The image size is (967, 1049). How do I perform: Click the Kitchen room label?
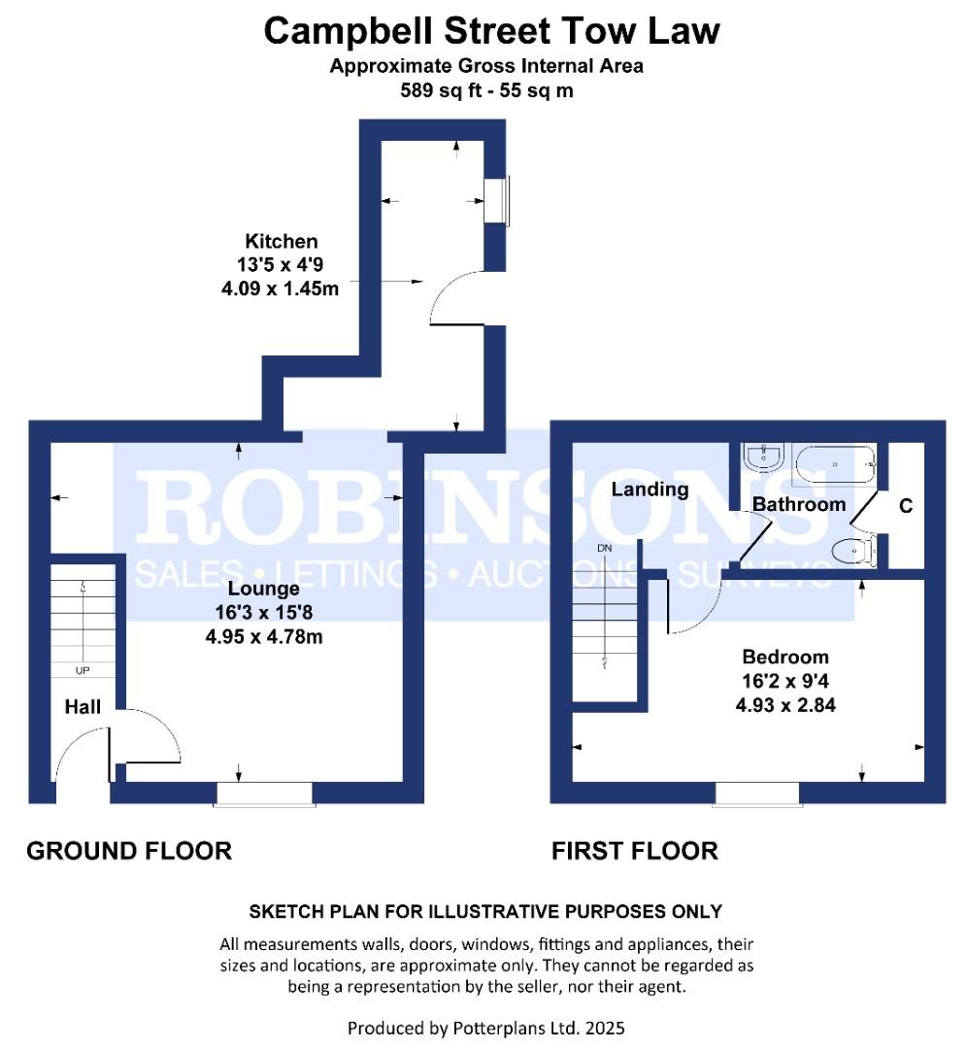click(x=281, y=241)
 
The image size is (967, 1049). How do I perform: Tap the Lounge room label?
click(x=263, y=589)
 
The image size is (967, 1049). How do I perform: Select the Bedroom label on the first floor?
click(x=785, y=657)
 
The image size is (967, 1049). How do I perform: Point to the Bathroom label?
click(x=799, y=504)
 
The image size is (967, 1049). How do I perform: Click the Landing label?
click(x=650, y=490)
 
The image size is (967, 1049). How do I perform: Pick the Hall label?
click(x=83, y=706)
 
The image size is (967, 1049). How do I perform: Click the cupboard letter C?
click(x=906, y=506)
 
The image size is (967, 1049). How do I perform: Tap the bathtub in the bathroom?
click(x=835, y=464)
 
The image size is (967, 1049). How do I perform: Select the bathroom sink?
click(x=764, y=457)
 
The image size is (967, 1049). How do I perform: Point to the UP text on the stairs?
click(x=83, y=670)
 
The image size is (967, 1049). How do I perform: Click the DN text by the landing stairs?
click(x=605, y=548)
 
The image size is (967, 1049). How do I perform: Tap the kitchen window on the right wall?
click(x=496, y=201)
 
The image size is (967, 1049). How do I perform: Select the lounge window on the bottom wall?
click(x=264, y=795)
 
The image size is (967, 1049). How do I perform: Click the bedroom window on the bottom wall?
click(x=757, y=795)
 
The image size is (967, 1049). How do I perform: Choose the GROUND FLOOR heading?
click(x=129, y=851)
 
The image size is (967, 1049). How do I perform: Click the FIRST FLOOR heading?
click(x=635, y=851)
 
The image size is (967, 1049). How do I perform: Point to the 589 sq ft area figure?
click(x=442, y=90)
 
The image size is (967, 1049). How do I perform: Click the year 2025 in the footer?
click(x=605, y=1028)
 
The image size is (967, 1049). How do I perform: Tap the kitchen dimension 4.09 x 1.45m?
click(x=280, y=289)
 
